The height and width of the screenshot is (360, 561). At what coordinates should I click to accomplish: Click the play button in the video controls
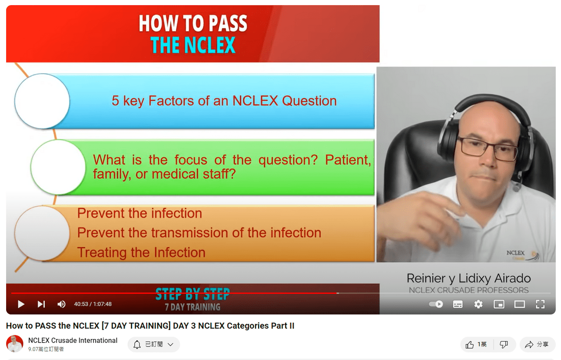point(21,304)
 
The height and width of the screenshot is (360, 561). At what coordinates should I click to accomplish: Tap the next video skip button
point(41,304)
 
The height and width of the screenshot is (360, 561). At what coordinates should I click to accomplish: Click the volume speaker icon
point(61,304)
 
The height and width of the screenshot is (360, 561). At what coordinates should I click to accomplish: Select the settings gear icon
point(478,304)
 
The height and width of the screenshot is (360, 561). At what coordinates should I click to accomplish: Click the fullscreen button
point(540,304)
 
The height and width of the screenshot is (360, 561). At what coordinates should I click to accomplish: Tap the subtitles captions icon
point(458,304)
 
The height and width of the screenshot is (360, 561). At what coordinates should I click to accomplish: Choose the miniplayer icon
point(499,304)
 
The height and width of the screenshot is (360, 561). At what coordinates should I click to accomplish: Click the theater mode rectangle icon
point(520,304)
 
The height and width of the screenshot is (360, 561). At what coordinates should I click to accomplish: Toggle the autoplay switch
point(436,304)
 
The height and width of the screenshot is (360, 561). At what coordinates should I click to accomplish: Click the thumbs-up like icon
point(469,345)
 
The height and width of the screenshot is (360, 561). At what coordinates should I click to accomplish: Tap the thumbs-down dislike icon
point(504,345)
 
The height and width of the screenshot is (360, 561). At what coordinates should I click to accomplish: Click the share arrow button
point(529,345)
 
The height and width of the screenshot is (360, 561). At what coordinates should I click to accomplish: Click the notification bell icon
point(137,345)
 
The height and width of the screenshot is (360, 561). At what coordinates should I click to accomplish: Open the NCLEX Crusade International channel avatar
point(15,344)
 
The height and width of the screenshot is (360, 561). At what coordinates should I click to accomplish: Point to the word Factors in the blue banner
point(171,101)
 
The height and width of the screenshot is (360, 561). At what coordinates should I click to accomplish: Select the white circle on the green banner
point(58,167)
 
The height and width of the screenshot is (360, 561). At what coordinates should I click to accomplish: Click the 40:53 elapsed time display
point(81,304)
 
